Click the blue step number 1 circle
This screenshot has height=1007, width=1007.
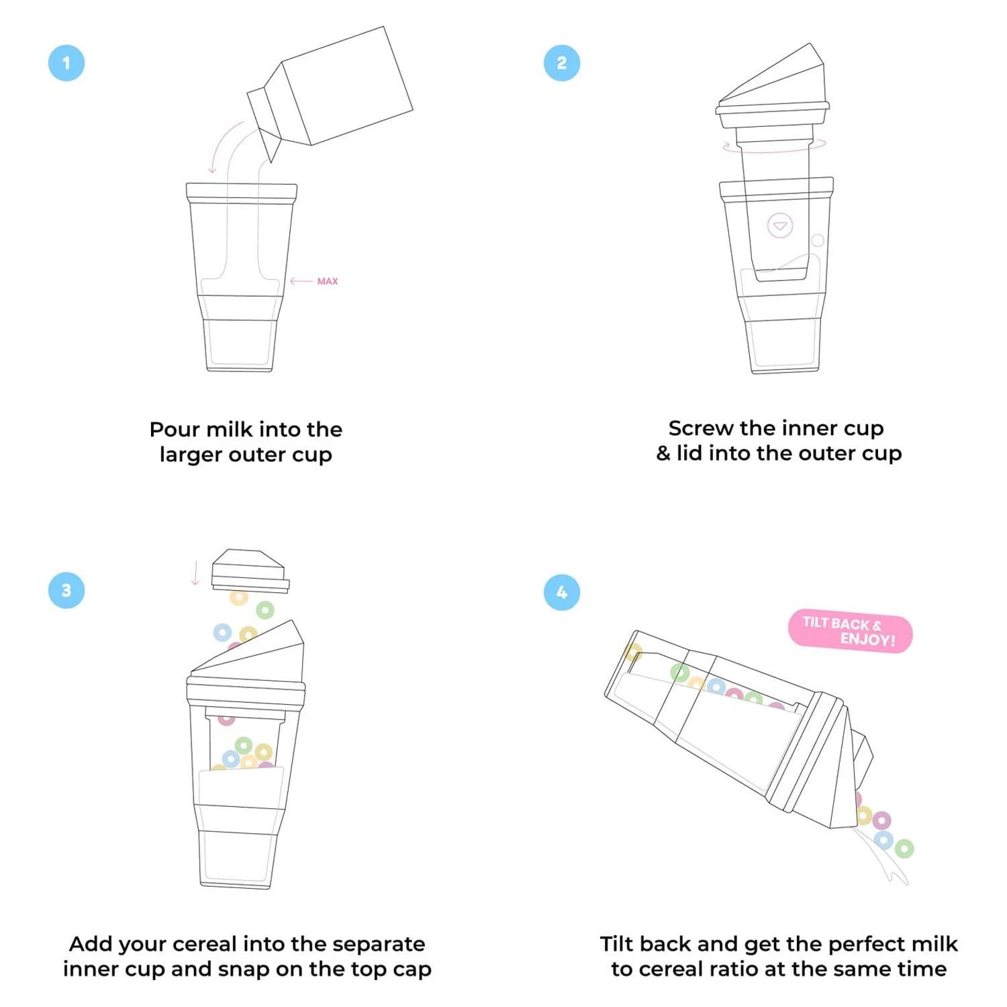pos(66,63)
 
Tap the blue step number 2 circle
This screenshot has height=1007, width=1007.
pos(562,63)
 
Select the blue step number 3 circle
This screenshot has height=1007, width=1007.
pos(66,590)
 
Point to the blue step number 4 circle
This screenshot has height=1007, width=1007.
pos(562,592)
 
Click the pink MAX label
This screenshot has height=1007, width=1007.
pos(327,281)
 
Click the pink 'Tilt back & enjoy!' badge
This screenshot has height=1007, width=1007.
pos(850,631)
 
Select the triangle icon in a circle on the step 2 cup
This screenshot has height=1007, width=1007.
pos(780,226)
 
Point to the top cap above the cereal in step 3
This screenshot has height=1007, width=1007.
pos(249,571)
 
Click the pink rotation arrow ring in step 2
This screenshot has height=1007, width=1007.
pos(774,147)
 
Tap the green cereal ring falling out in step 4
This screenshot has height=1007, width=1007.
pos(904,849)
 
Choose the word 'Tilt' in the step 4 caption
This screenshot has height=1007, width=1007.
pos(618,944)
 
